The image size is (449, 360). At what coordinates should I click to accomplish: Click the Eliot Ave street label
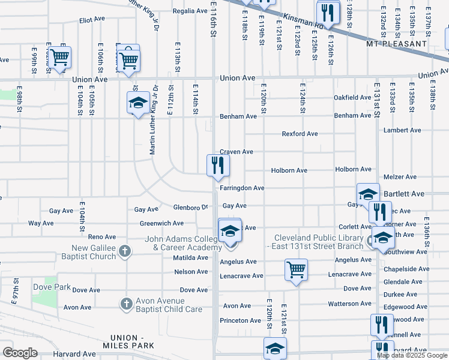pyautogui.click(x=92, y=20)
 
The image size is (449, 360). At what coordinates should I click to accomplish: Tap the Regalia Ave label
pyautogui.click(x=190, y=11)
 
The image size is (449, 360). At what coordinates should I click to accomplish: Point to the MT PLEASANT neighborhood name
pyautogui.click(x=396, y=44)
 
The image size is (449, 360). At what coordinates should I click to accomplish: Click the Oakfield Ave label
pyautogui.click(x=352, y=97)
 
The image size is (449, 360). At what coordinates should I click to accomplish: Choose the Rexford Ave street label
pyautogui.click(x=300, y=134)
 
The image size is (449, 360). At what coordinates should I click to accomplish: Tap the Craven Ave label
pyautogui.click(x=236, y=152)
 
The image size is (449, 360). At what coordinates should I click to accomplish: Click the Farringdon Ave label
pyautogui.click(x=242, y=188)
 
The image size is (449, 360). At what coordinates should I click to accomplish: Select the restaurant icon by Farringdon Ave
pyautogui.click(x=218, y=166)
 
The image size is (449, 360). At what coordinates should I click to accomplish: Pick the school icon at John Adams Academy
pyautogui.click(x=229, y=233)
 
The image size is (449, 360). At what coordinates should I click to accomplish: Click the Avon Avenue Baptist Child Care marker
pyautogui.click(x=126, y=304)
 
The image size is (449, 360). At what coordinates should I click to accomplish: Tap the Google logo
pyautogui.click(x=20, y=352)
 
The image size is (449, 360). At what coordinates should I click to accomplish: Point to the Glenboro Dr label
pyautogui.click(x=190, y=208)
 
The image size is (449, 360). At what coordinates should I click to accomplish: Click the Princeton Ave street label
pyautogui.click(x=240, y=320)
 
